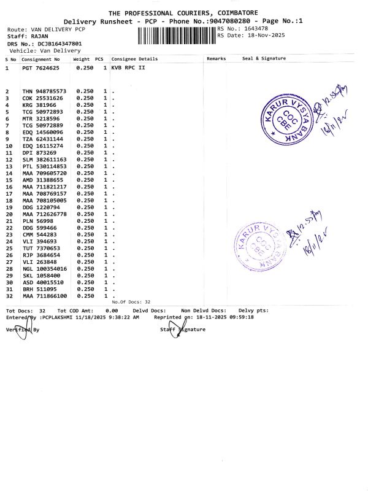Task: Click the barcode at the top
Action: click(x=177, y=34)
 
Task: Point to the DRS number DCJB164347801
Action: click(x=59, y=44)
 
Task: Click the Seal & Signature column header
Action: click(x=264, y=58)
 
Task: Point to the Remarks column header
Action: click(x=217, y=58)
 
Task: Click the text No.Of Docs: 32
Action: click(x=131, y=302)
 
